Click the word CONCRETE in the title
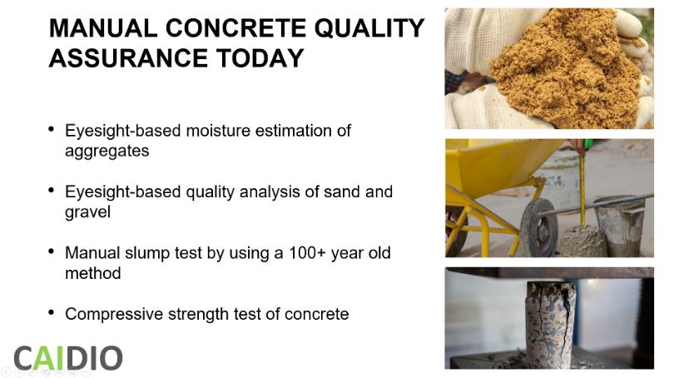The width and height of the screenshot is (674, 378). [236, 28]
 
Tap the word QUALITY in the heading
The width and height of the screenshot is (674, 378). [369, 28]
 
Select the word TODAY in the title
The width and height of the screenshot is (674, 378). [260, 58]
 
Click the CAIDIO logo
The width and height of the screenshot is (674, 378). [68, 358]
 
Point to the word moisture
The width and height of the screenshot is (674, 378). [218, 130]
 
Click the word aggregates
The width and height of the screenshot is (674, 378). [107, 152]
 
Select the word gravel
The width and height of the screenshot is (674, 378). [87, 212]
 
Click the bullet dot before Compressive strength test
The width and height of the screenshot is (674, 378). [51, 312]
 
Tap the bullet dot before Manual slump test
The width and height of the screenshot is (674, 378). [51, 251]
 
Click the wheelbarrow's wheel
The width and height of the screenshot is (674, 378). [538, 227]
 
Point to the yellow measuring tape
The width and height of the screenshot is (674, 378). [582, 189]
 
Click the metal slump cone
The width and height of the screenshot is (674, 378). [618, 226]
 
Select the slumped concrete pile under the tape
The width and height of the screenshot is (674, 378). [583, 241]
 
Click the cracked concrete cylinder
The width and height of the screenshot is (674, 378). [551, 323]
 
